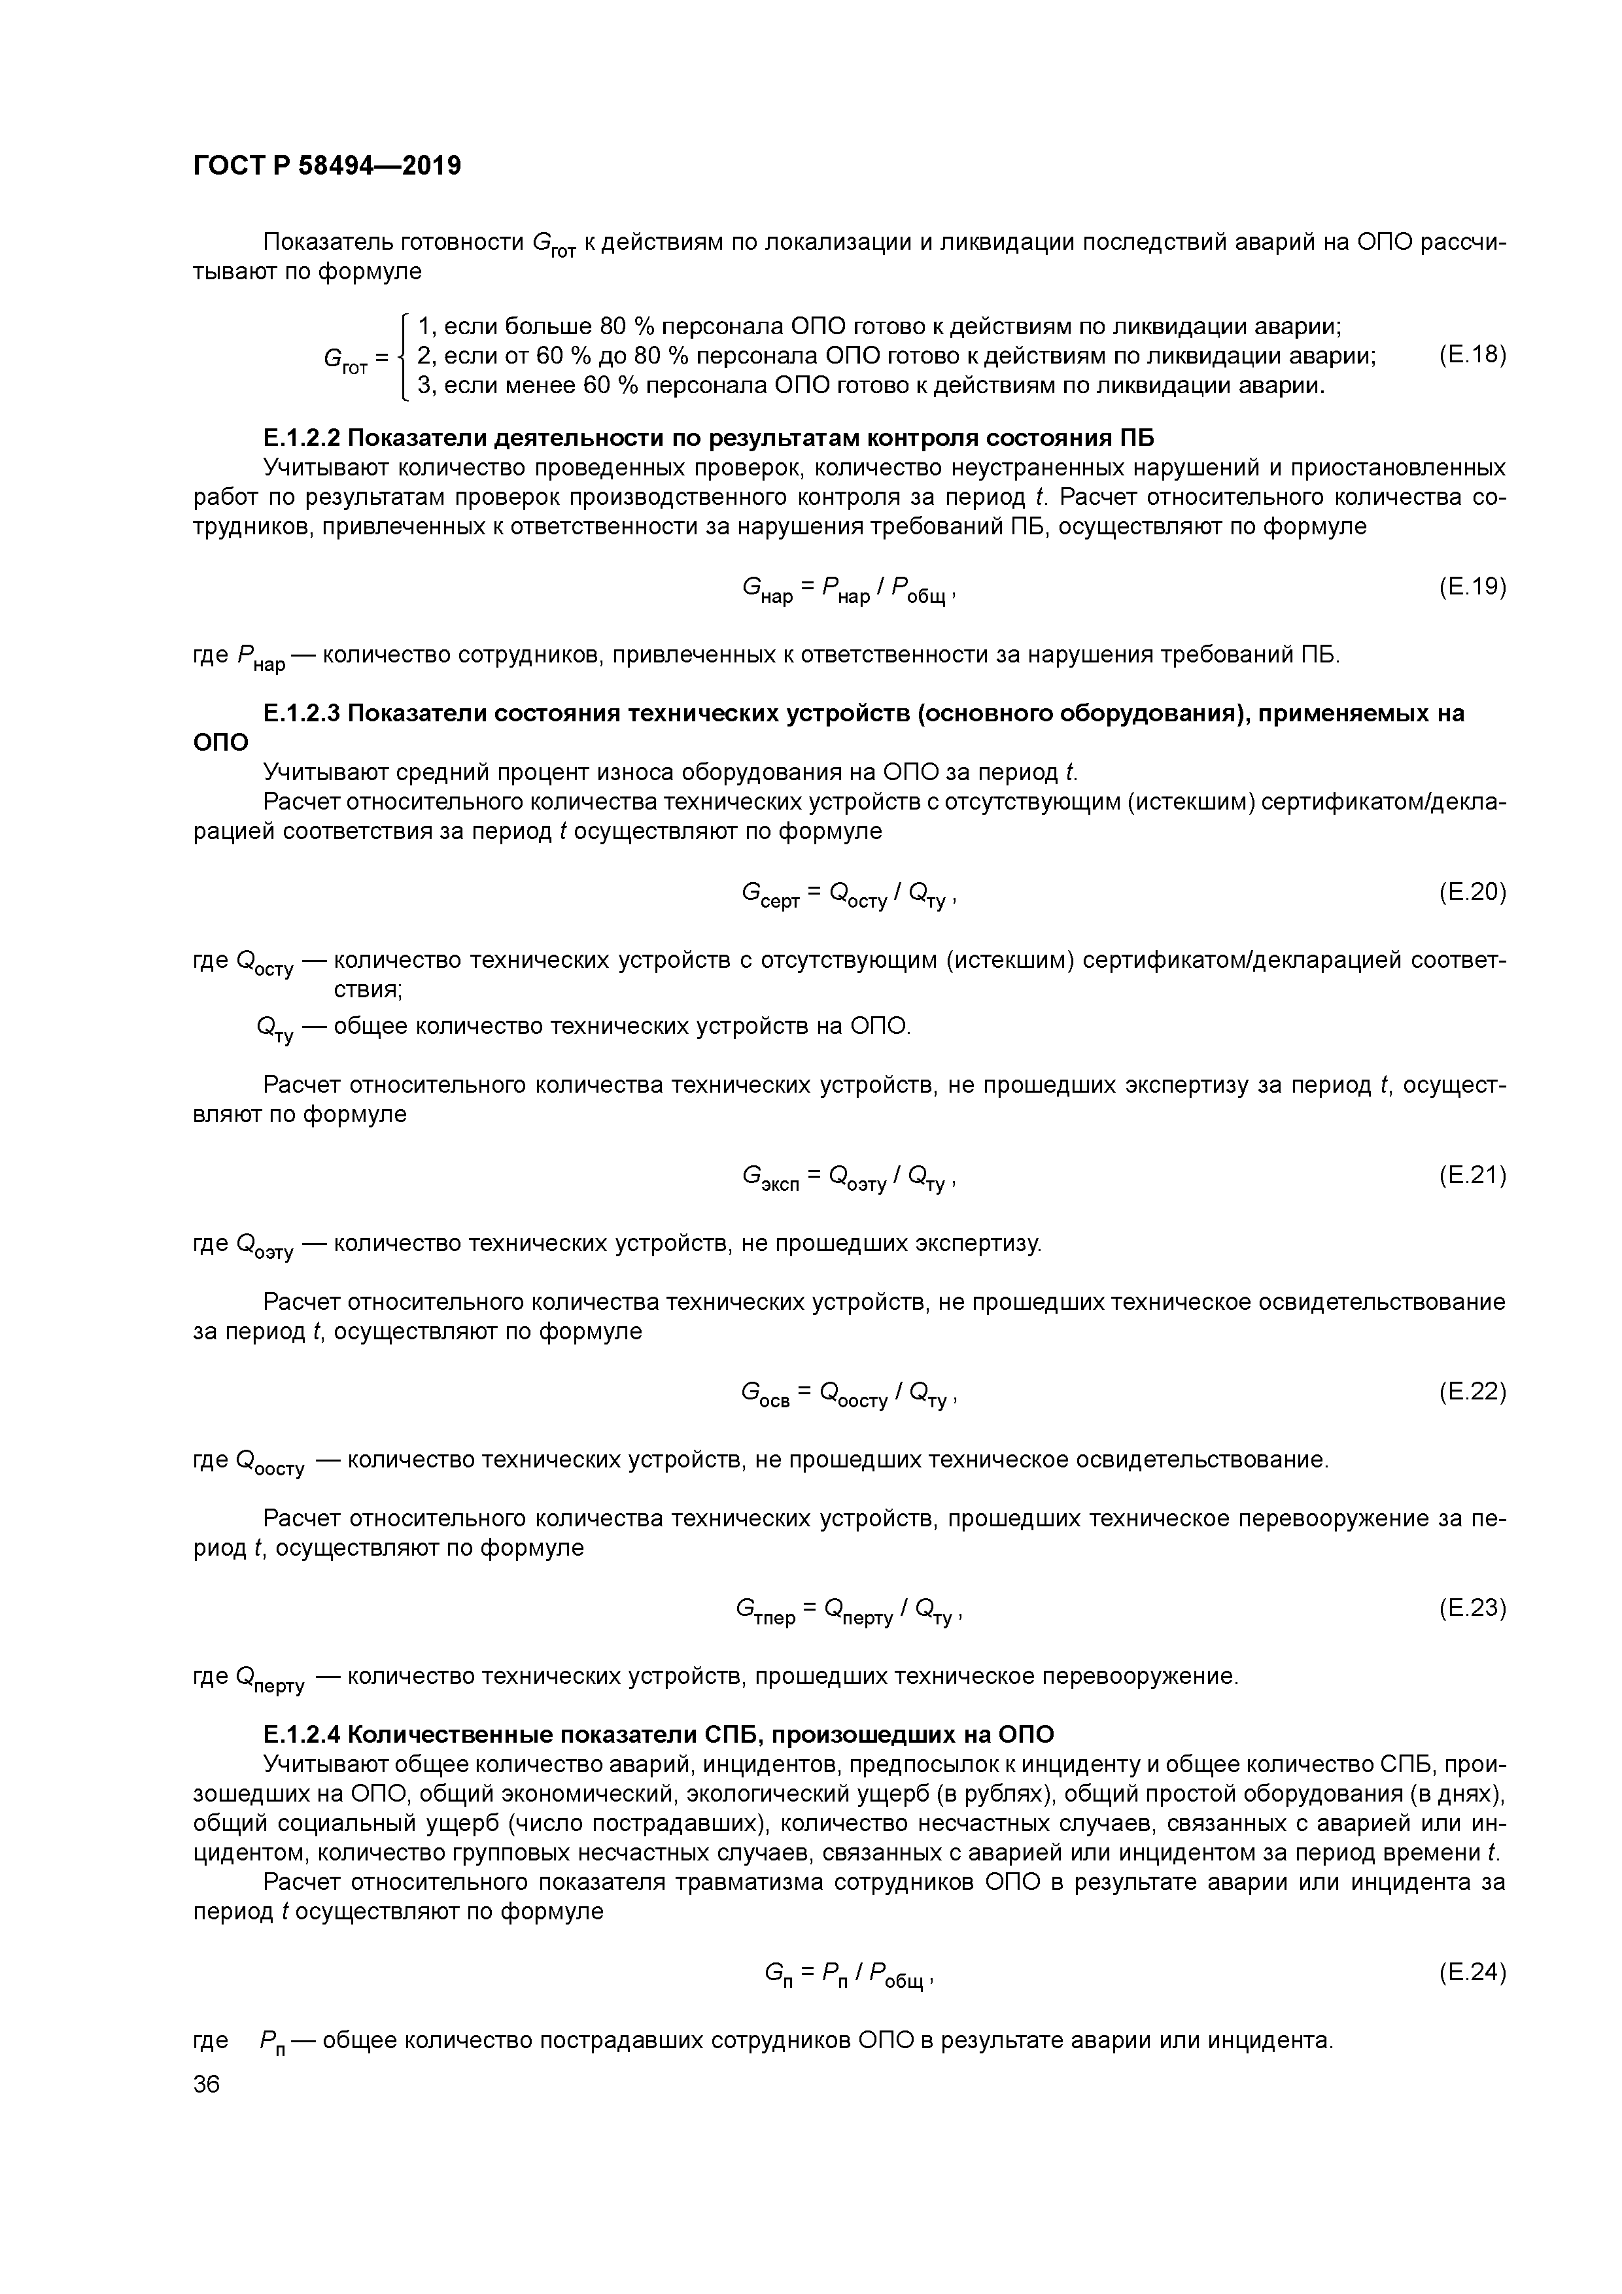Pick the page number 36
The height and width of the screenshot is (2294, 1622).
tap(206, 2084)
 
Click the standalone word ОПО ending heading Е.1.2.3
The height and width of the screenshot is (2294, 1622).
tap(220, 742)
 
